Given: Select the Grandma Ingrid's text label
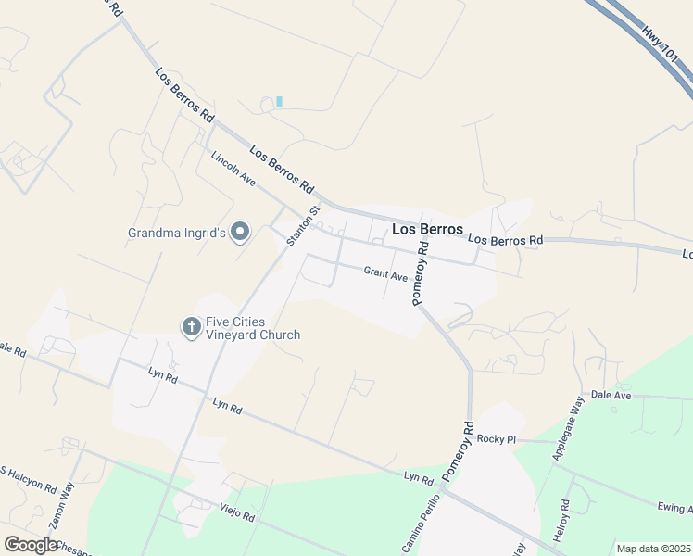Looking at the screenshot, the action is (177, 233).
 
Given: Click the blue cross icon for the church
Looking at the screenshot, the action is (191, 326).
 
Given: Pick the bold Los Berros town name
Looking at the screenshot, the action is (427, 229).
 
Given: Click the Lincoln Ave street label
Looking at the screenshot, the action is (233, 170).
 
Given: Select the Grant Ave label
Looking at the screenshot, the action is (386, 273).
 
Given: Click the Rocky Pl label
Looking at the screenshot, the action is (496, 439).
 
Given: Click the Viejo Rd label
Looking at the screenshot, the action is (236, 512).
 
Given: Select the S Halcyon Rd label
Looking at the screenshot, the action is (27, 480).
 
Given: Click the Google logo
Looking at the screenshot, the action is (31, 545).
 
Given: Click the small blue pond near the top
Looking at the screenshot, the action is (279, 101).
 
